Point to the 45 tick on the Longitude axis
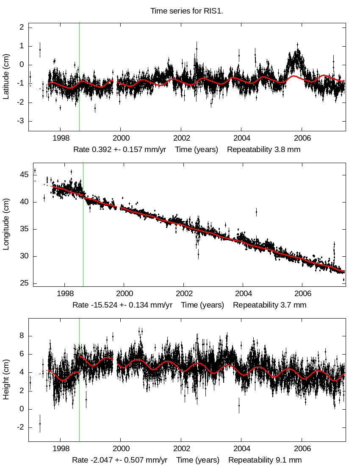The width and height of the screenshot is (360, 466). pyautogui.click(x=23, y=175)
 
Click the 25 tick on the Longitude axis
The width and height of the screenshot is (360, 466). pyautogui.click(x=23, y=283)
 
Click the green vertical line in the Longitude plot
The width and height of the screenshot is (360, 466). pyautogui.click(x=83, y=237)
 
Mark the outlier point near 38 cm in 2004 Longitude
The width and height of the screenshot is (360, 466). pyautogui.click(x=256, y=211)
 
